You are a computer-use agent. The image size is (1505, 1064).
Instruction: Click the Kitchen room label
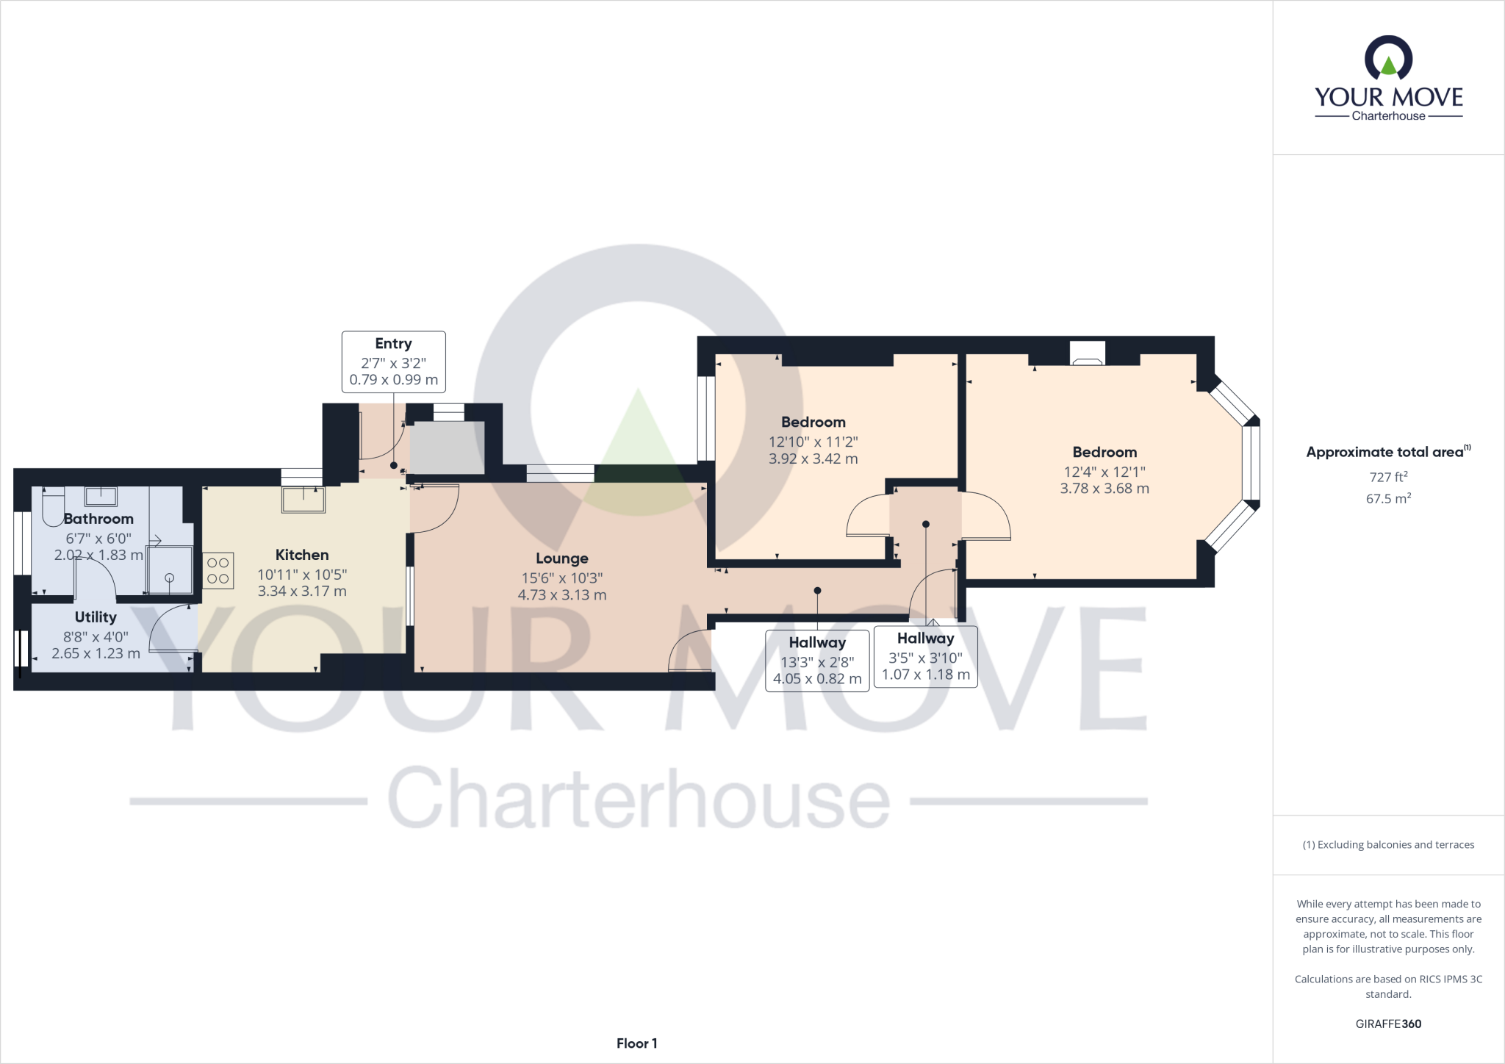tap(301, 555)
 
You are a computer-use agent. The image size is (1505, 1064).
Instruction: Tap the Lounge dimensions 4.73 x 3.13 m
tap(561, 595)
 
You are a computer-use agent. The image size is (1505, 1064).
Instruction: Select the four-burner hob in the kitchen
tap(218, 571)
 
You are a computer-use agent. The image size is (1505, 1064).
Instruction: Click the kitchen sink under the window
tap(303, 500)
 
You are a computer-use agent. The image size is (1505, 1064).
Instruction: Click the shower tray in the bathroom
tap(170, 569)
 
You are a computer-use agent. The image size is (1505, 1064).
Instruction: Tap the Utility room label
tap(96, 617)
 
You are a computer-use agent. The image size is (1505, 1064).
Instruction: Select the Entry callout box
tap(393, 361)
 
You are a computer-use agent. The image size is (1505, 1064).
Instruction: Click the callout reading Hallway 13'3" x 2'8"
tap(817, 661)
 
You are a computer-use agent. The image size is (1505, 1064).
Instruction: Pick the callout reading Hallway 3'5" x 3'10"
tap(925, 656)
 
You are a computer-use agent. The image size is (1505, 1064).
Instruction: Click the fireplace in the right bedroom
tap(1086, 354)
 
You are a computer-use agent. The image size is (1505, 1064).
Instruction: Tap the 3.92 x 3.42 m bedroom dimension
tap(813, 459)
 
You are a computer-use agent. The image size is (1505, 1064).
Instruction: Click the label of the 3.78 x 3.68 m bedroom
tap(1104, 452)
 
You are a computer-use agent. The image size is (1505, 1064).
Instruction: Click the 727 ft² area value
tap(1388, 476)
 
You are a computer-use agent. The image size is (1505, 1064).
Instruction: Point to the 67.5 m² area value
tap(1388, 498)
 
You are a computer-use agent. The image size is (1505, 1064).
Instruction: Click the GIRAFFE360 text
tap(1388, 1024)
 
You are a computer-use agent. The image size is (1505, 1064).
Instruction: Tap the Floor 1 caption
tap(636, 1043)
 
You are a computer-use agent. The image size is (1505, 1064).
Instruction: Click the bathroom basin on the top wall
tap(101, 496)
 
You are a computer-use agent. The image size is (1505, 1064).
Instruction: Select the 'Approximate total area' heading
tap(1385, 452)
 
